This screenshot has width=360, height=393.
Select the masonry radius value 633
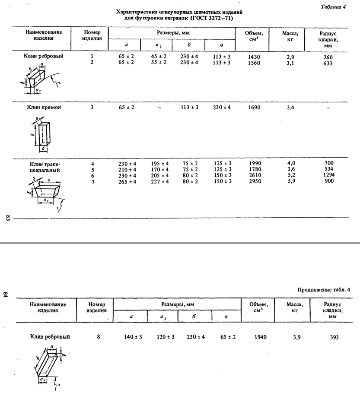point(328,63)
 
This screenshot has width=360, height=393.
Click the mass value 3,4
point(291,108)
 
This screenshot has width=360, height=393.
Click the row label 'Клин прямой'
point(45,108)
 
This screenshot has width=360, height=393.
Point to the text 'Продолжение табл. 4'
point(324,289)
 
